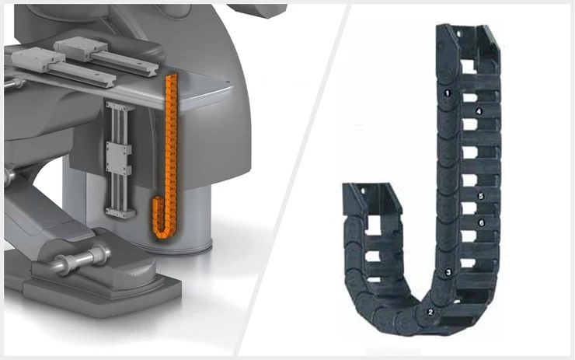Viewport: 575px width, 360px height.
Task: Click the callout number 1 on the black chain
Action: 447,93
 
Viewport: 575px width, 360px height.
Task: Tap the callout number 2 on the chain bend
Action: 430,313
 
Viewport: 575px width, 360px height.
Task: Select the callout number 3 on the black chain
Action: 448,272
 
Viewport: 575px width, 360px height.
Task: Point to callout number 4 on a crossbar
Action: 479,111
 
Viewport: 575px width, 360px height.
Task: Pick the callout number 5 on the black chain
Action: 481,196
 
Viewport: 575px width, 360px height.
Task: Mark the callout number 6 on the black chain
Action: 482,222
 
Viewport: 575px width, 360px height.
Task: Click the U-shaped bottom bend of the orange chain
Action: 164,232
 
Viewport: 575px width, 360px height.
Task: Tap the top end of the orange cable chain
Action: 171,78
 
